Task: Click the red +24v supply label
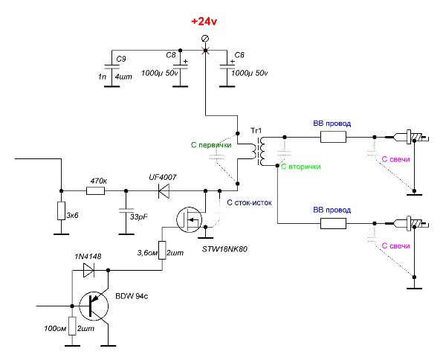coord(204,22)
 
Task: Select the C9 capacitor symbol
coord(112,67)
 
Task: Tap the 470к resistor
coord(95,191)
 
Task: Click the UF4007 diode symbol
coord(164,191)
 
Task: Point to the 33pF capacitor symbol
coord(126,210)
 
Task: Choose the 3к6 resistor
coord(61,210)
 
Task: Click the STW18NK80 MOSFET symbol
coord(190,219)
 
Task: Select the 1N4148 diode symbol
coord(88,270)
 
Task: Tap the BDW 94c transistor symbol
coord(94,306)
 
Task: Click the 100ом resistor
coord(73,326)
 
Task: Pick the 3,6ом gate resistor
coord(162,250)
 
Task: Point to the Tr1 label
coord(256,131)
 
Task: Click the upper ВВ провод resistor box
coord(334,137)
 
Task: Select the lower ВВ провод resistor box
coord(334,223)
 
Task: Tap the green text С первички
coord(211,145)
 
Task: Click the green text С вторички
coord(301,167)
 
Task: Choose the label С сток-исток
coord(250,202)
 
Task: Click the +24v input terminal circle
coord(205,39)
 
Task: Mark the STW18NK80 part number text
coord(224,249)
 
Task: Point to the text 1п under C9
coord(102,77)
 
